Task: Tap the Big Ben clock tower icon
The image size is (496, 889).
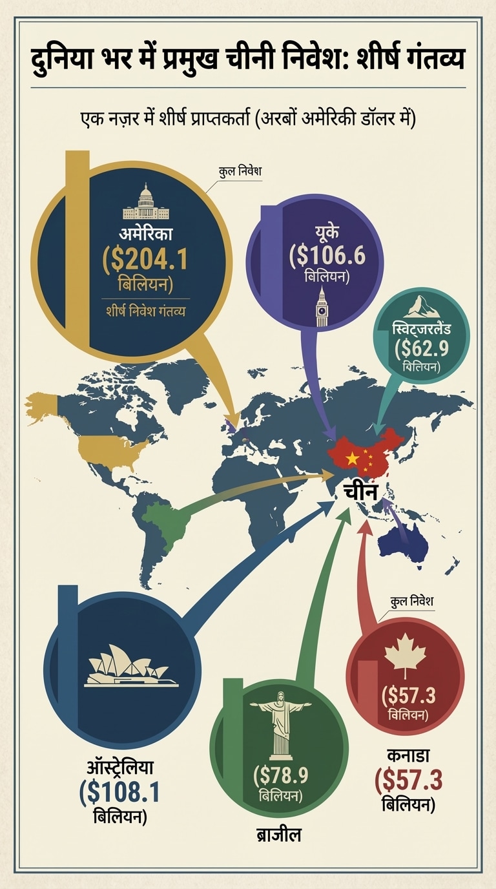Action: tap(321, 309)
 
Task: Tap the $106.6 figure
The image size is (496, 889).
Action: tap(327, 255)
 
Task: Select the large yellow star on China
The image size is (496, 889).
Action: tap(352, 458)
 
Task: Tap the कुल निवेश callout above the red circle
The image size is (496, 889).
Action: tap(411, 601)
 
